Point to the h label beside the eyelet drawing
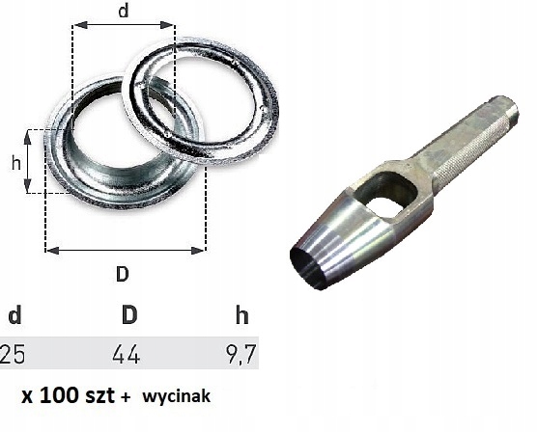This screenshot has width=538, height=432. (15, 163)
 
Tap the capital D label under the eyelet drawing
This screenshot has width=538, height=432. (123, 273)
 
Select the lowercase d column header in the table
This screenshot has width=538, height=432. (14, 316)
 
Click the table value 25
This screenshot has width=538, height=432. (13, 355)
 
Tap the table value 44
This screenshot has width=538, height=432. (126, 355)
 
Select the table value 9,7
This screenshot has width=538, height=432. (240, 355)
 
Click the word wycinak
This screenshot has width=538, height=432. (178, 396)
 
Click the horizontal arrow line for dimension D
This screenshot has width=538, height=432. (125, 250)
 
